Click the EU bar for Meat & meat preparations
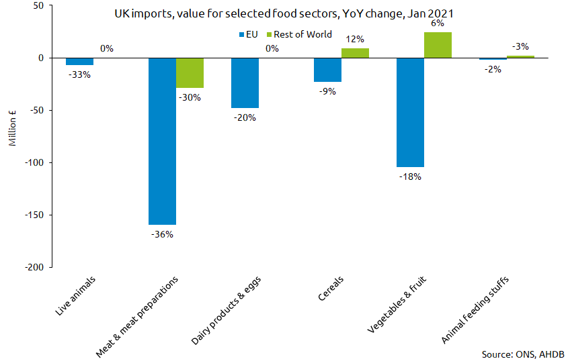click(x=162, y=141)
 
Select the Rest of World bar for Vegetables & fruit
click(x=438, y=45)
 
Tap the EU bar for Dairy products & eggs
click(x=245, y=83)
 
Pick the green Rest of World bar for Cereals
click(x=355, y=53)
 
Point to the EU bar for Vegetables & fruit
click(x=410, y=112)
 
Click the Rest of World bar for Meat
click(x=190, y=72)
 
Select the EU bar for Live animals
click(x=79, y=61)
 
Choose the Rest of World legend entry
click(x=299, y=34)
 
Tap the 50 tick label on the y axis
click(x=38, y=6)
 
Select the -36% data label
click(x=163, y=234)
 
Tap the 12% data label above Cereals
click(x=355, y=40)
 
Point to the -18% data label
click(x=410, y=177)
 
